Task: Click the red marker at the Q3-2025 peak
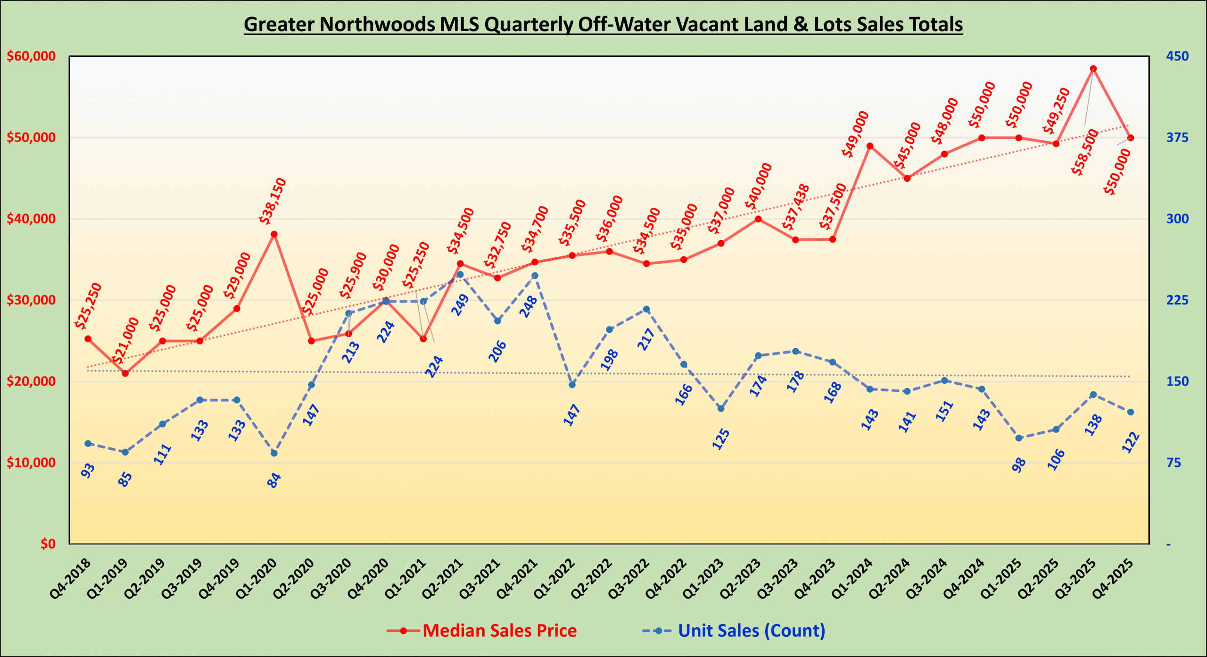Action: coord(1093,69)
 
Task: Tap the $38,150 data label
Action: coord(273,201)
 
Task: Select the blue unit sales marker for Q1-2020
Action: coord(274,453)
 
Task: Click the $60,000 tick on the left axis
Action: coord(31,56)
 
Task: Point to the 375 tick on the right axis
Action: coord(1177,137)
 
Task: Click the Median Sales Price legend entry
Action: coord(482,631)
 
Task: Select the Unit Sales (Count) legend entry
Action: coord(734,631)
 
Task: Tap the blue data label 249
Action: coord(460,305)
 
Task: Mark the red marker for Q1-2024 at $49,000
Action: coord(870,146)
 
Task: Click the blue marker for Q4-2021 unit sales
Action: coord(535,276)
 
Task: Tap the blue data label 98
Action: coord(1018,465)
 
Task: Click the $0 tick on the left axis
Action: coord(48,544)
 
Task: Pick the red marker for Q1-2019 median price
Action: coord(125,373)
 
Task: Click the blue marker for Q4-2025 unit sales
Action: coord(1130,412)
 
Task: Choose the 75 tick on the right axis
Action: coord(1174,463)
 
